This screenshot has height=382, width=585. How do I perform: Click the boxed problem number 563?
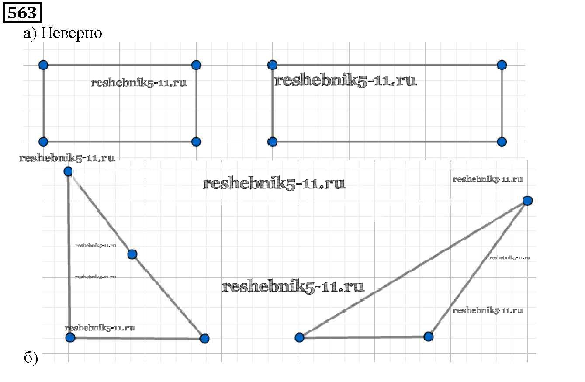(22, 13)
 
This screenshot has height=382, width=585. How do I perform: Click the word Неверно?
(71, 33)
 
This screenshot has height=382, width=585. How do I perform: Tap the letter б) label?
(31, 359)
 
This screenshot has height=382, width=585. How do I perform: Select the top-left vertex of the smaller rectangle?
(43, 65)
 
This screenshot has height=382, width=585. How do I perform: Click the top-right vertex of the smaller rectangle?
(196, 65)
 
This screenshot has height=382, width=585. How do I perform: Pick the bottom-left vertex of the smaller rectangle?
(43, 142)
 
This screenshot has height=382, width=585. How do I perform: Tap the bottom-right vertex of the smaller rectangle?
(196, 142)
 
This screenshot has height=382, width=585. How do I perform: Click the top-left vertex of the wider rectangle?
(272, 65)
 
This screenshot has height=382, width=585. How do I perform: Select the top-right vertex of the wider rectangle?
(502, 65)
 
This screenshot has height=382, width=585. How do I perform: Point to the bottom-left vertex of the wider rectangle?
(272, 142)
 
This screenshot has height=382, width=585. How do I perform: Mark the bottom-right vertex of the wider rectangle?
(502, 142)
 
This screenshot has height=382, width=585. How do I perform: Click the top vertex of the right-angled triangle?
(68, 171)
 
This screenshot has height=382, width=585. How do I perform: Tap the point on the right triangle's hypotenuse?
(132, 254)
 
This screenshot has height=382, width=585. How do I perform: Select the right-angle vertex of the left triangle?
(70, 337)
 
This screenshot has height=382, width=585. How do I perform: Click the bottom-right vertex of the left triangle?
(204, 338)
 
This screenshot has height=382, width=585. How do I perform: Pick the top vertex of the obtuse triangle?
(527, 201)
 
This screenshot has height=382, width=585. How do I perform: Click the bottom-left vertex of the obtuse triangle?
(299, 337)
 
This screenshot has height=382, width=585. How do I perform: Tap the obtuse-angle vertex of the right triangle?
(429, 337)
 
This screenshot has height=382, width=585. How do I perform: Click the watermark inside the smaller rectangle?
(139, 83)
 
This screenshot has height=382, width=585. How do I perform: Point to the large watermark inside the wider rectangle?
(346, 80)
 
